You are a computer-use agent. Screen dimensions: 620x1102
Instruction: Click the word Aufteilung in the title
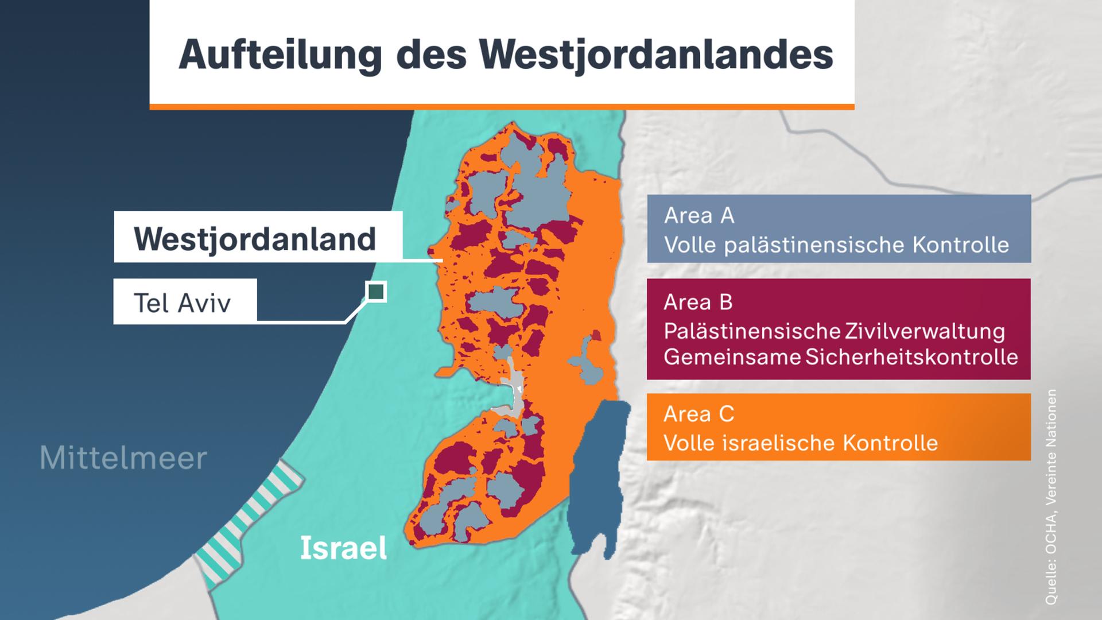point(280,55)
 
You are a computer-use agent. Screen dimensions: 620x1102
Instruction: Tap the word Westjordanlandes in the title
point(656,55)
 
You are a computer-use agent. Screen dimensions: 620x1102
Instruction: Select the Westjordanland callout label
point(255,238)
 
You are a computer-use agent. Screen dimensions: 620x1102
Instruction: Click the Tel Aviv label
point(183,303)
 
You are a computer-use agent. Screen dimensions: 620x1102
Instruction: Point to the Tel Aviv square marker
point(376,292)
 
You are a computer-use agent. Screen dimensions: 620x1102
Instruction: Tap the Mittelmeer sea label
point(123,458)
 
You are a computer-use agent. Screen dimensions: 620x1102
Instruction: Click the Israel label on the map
point(343,548)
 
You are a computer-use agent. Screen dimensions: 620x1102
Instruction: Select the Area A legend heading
point(699,215)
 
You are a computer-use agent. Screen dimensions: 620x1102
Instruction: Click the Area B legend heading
point(698,302)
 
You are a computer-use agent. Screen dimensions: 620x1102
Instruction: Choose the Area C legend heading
point(699,413)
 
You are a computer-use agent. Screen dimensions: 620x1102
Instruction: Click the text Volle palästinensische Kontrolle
point(836,245)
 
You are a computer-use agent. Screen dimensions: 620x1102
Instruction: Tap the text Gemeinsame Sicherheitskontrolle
point(841,357)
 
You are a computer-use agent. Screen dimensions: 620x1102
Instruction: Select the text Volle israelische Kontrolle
point(801,443)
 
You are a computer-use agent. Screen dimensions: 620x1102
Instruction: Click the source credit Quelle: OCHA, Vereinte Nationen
point(1051,497)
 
